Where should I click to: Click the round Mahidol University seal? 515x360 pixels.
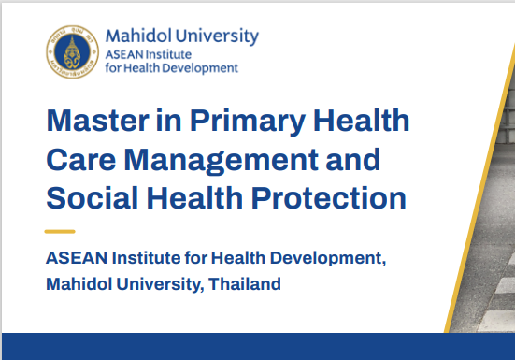click(72, 52)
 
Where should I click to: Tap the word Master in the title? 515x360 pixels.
click(98, 121)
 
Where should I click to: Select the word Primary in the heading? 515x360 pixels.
click(248, 122)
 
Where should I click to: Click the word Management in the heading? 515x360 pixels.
click(221, 161)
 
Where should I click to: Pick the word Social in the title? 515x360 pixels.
click(93, 198)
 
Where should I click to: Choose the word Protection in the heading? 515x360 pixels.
click(329, 198)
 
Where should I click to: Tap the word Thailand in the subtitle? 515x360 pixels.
click(245, 284)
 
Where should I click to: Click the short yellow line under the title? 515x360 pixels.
click(60, 232)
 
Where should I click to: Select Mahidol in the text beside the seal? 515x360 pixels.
click(138, 36)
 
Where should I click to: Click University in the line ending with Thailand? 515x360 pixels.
click(158, 284)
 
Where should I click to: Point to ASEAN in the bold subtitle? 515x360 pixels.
click(77, 258)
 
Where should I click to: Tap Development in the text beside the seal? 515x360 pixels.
click(200, 68)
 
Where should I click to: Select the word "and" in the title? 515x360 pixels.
click(353, 160)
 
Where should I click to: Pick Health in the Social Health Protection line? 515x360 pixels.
click(194, 198)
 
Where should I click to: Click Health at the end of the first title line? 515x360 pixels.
click(362, 121)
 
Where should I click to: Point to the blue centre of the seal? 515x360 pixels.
click(72, 52)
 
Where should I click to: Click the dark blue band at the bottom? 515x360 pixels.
click(258, 346)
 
